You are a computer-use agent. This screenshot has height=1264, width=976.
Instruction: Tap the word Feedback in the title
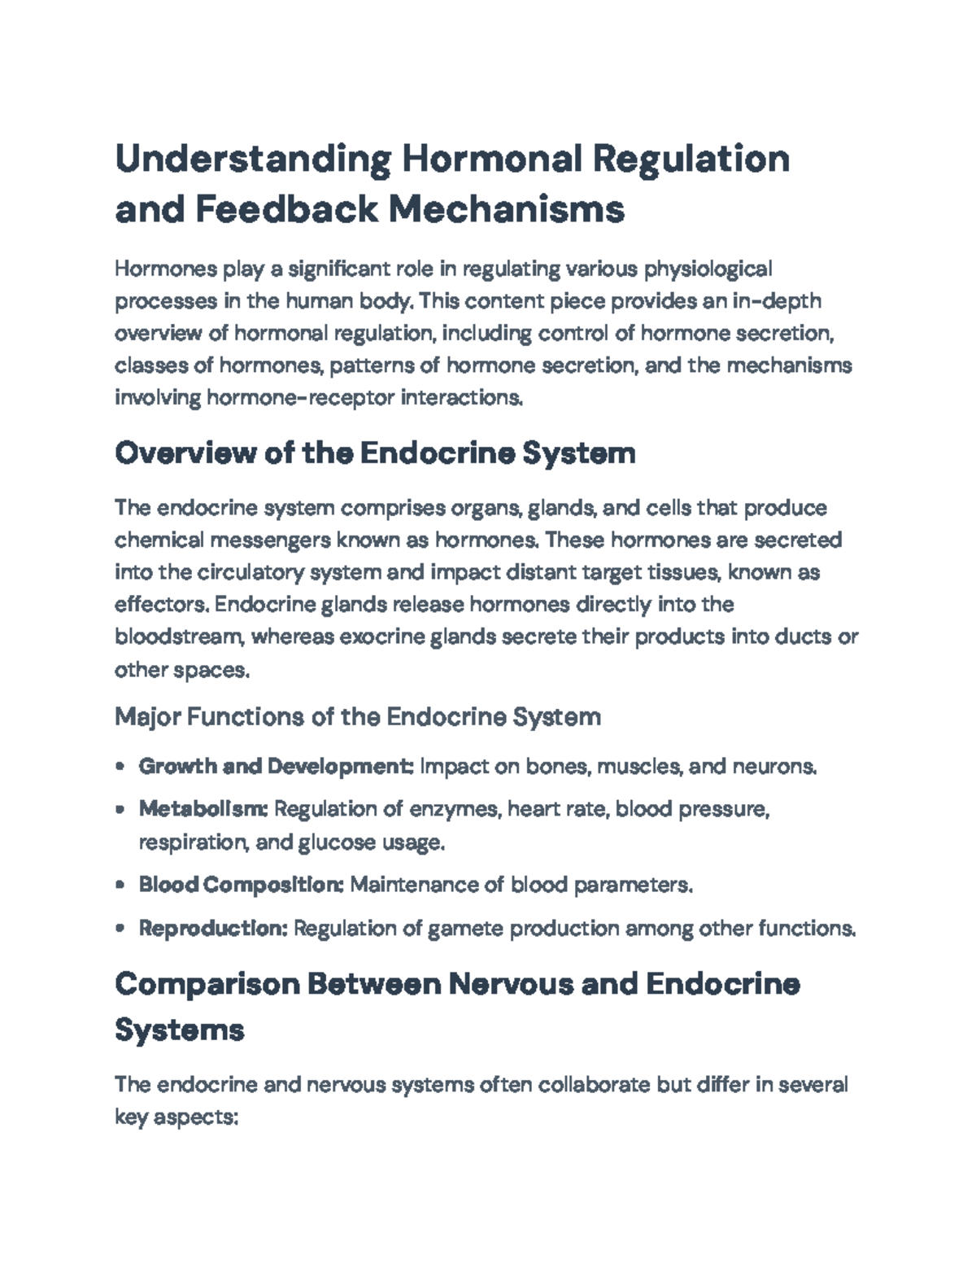click(x=287, y=209)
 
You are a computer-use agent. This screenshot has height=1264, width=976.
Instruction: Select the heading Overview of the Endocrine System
click(x=375, y=453)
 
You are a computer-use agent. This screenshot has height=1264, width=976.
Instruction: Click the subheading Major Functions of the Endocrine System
click(x=358, y=717)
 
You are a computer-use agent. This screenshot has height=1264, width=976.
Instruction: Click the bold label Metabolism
click(x=203, y=809)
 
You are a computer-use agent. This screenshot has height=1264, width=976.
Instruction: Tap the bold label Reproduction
click(x=213, y=928)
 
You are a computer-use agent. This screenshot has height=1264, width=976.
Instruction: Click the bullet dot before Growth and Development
click(x=120, y=767)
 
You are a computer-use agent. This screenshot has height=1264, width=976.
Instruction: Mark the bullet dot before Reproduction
click(x=120, y=928)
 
